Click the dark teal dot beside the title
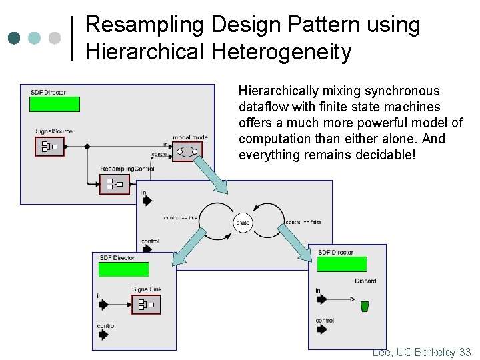pos(14,38)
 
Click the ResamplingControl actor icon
pos(114,183)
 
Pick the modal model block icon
pos(187,152)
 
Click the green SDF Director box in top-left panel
pos(54,104)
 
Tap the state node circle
pos(243,223)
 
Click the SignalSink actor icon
pos(145,304)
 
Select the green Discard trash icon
pos(364,307)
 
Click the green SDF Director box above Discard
pos(341,264)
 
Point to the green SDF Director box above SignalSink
pos(123,269)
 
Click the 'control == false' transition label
pos(303,222)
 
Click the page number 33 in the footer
pos(465,352)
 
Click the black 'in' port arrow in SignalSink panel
pos(103,305)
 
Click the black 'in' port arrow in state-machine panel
pos(147,200)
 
